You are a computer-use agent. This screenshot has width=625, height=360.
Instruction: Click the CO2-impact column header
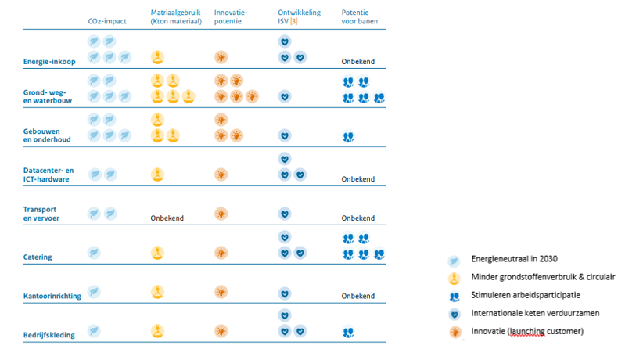pyautogui.click(x=107, y=21)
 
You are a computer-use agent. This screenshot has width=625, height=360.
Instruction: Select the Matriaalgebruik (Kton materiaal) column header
pyautogui.click(x=176, y=16)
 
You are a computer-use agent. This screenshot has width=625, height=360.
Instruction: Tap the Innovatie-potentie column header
pyautogui.click(x=231, y=16)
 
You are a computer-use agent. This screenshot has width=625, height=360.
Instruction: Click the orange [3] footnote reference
pyautogui.click(x=294, y=21)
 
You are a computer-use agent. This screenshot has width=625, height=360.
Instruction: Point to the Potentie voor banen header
pyautogui.click(x=360, y=16)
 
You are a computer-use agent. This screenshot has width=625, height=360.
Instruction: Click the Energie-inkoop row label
pyautogui.click(x=49, y=61)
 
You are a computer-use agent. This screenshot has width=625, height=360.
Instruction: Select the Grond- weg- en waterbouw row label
pyautogui.click(x=48, y=96)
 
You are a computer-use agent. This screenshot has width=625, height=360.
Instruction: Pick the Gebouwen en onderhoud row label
pyautogui.click(x=47, y=135)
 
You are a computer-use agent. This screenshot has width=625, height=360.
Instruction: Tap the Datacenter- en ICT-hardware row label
pyautogui.click(x=48, y=175)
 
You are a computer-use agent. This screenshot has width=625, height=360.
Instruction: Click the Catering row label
pyautogui.click(x=38, y=257)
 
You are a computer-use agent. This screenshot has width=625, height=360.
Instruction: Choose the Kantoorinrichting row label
pyautogui.click(x=52, y=296)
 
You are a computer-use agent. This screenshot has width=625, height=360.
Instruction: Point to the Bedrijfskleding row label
pyautogui.click(x=49, y=335)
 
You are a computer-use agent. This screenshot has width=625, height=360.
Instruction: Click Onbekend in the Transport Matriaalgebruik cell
pyautogui.click(x=167, y=218)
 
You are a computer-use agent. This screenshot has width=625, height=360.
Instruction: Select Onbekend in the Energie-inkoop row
pyautogui.click(x=358, y=61)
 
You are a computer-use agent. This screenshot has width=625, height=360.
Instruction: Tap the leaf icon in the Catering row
pyautogui.click(x=94, y=253)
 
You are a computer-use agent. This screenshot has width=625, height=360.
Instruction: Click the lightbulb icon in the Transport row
pyautogui.click(x=221, y=214)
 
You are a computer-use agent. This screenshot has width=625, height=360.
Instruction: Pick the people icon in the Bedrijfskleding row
pyautogui.click(x=348, y=332)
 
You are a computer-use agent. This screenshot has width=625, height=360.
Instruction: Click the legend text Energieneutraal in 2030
pyautogui.click(x=514, y=259)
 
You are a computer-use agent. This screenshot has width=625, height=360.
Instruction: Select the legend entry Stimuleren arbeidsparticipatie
pyautogui.click(x=526, y=295)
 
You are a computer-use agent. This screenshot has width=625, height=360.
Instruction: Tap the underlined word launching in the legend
pyautogui.click(x=527, y=331)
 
